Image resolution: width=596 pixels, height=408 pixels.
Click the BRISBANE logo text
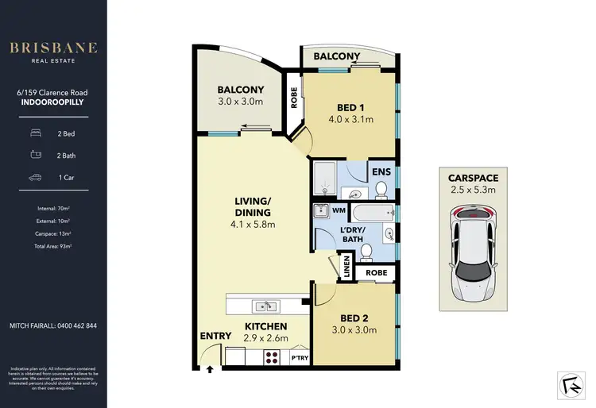pos(53,48)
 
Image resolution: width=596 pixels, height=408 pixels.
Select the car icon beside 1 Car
pos(35,179)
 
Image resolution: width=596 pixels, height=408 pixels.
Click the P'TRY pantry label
pos(300,359)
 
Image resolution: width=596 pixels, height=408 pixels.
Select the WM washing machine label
pos(339,210)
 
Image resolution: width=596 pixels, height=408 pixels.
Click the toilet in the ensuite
pos(381,189)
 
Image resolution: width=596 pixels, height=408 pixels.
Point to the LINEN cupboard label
pos(346,268)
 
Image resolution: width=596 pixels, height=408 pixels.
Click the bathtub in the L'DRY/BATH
pos(373,213)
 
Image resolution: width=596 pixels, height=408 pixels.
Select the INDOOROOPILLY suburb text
pos(53,101)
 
